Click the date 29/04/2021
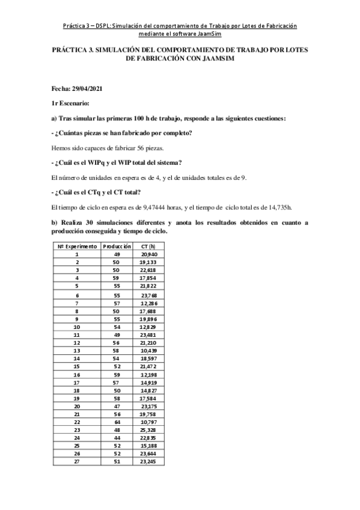click(89, 88)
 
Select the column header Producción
click(117, 247)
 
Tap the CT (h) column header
click(148, 247)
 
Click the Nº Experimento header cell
click(77, 247)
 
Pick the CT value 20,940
click(148, 254)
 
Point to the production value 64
click(117, 423)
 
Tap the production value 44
click(117, 438)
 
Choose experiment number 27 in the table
click(76, 462)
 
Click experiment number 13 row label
click(76, 350)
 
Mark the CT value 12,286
click(148, 303)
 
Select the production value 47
click(117, 407)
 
